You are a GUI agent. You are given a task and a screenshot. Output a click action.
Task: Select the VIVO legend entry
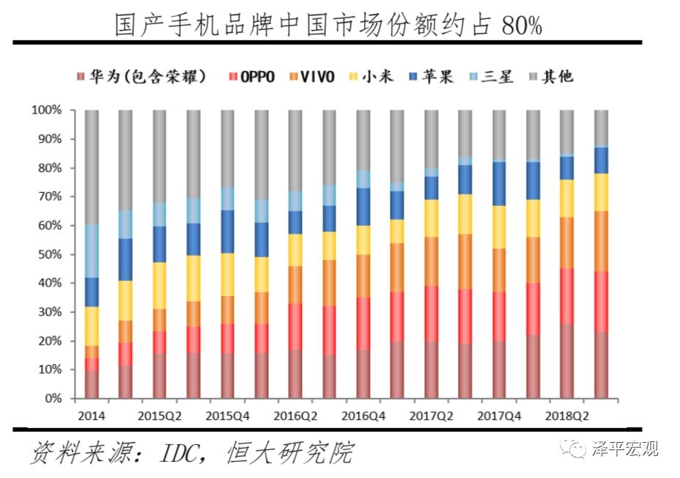pos(311,76)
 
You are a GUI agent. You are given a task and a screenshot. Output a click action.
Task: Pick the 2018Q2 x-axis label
pos(565,416)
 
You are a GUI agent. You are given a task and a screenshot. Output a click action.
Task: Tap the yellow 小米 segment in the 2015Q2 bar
pos(159,286)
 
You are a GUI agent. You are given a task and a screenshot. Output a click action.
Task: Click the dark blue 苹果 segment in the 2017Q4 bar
pos(499,183)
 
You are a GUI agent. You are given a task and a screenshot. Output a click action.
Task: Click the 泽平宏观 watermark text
pos(625,448)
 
